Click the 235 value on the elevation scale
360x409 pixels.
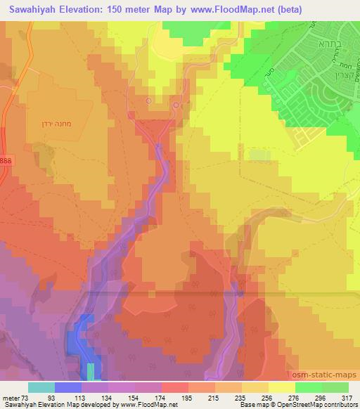click(x=230, y=398)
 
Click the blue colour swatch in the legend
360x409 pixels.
click(x=68, y=387)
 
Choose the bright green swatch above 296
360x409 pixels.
click(x=309, y=387)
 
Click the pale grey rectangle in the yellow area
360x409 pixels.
click(x=260, y=155)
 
